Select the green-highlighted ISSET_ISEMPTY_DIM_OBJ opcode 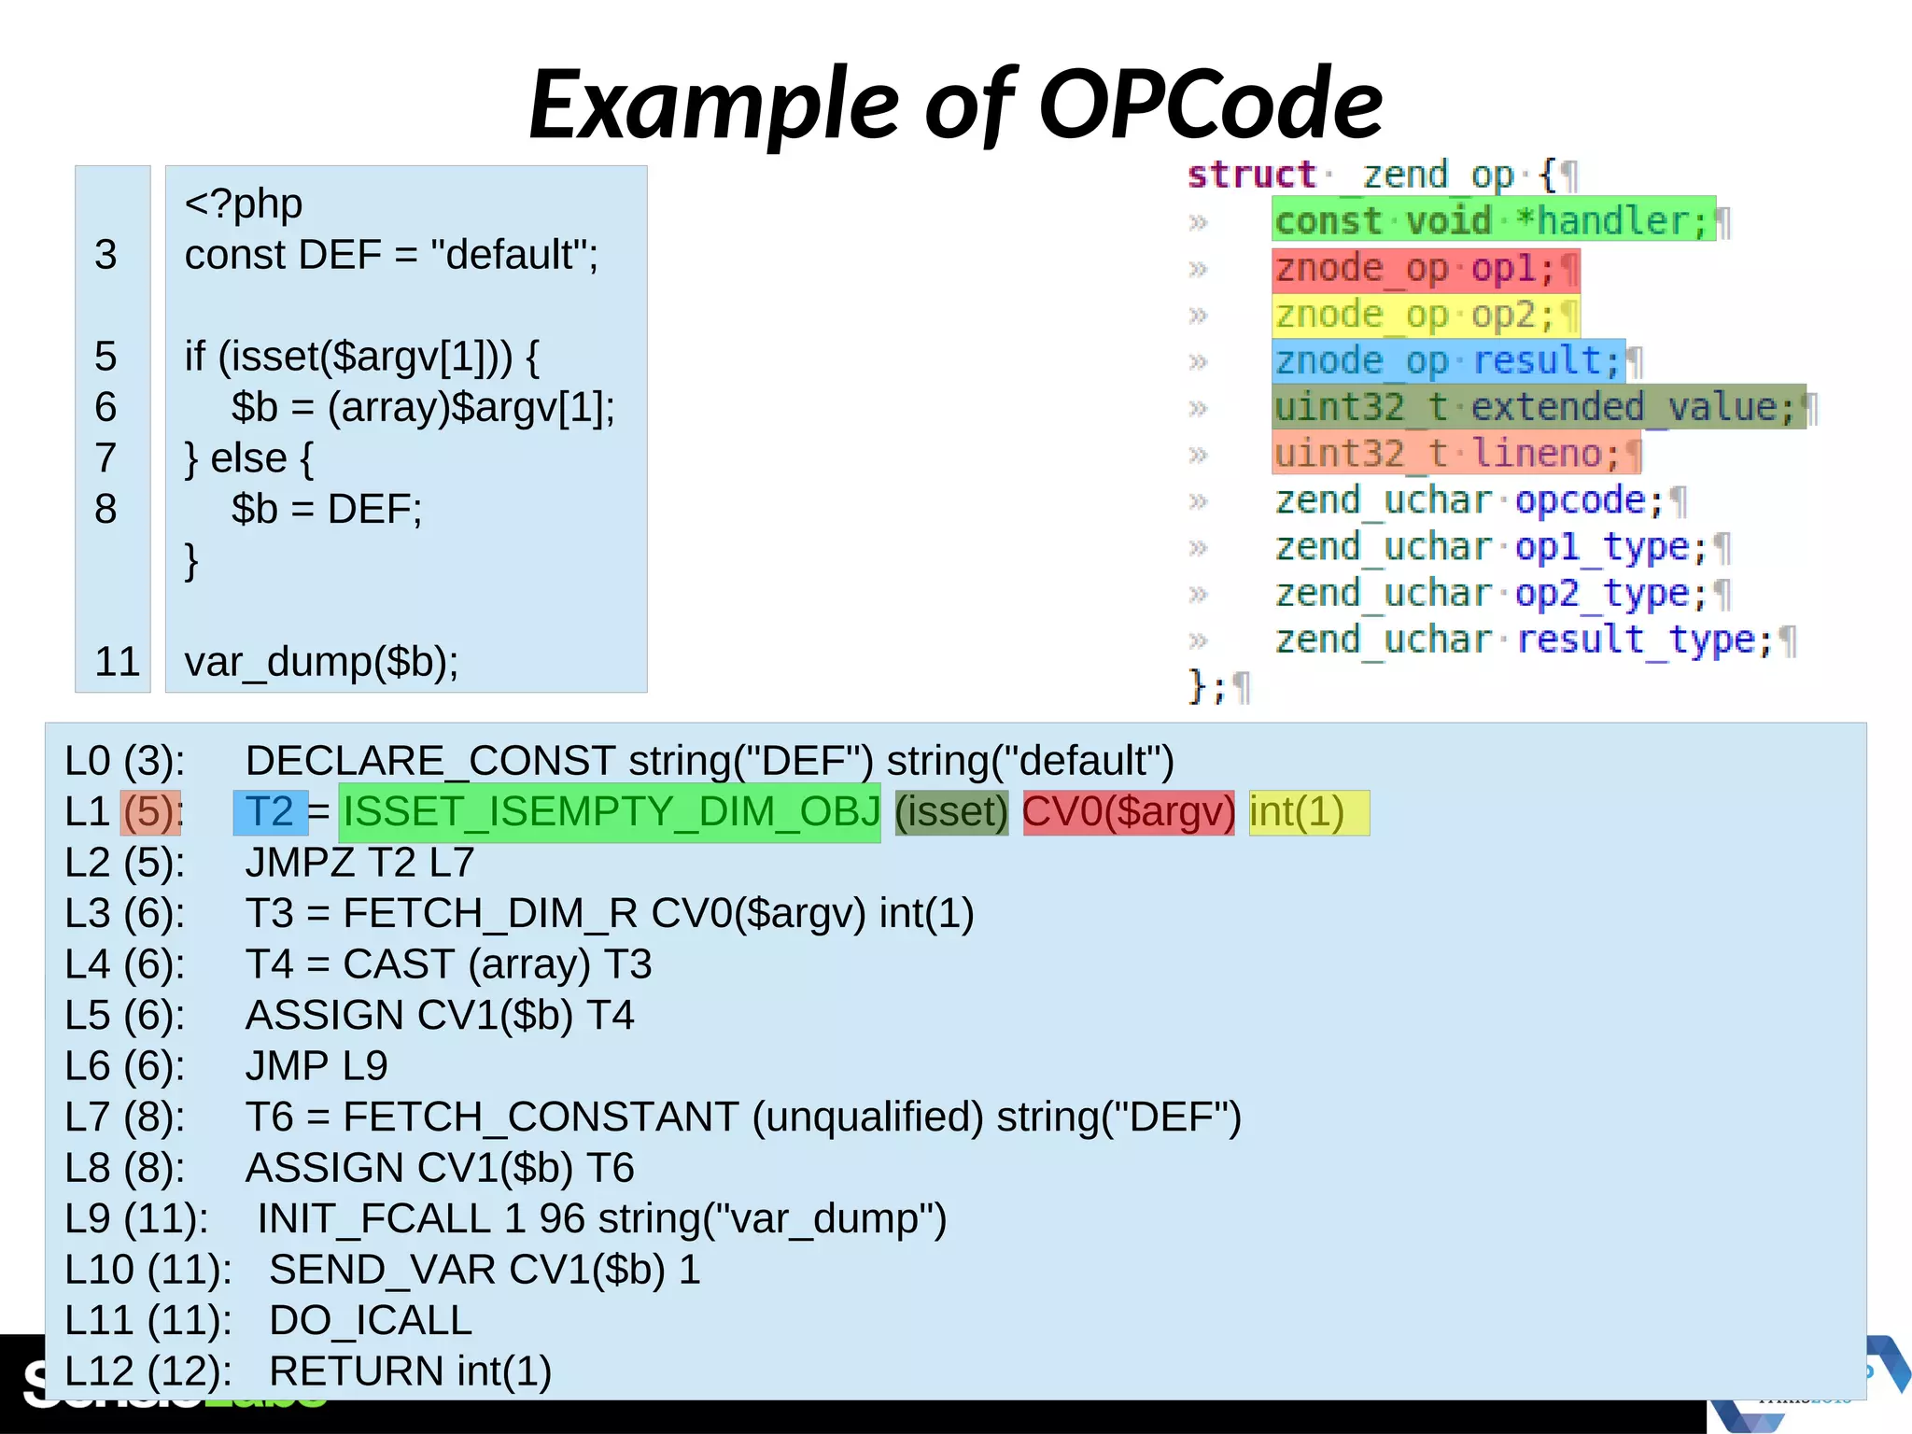(611, 812)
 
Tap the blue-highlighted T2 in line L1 (270, 812)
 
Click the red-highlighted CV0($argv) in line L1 (1128, 812)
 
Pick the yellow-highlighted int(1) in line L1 (1307, 812)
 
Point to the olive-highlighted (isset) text (951, 812)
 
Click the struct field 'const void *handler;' (1492, 221)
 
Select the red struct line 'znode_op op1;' (1424, 269)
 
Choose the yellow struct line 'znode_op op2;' (1424, 316)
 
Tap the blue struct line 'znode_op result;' (1447, 361)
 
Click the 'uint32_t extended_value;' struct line (1537, 408)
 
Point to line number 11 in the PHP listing (117, 662)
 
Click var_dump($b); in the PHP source (321, 662)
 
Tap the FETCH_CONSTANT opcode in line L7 (541, 1118)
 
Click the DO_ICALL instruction (371, 1321)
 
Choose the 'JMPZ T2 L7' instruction (359, 863)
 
